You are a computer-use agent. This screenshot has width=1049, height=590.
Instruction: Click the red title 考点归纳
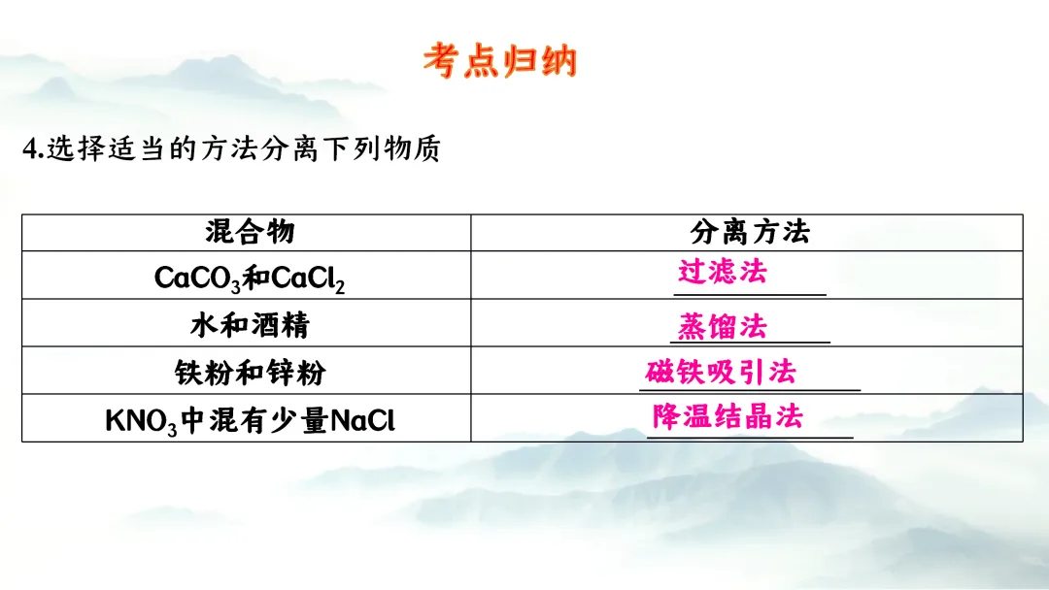(500, 61)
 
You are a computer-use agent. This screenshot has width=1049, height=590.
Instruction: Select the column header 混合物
(250, 232)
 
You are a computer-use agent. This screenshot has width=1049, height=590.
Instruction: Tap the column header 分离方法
(749, 232)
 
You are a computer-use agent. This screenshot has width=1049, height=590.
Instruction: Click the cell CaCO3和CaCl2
(250, 279)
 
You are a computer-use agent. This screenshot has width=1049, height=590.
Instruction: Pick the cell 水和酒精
(250, 324)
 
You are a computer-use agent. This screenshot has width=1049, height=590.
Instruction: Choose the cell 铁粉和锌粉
(250, 372)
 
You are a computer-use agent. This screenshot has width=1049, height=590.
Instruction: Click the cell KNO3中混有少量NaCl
(250, 420)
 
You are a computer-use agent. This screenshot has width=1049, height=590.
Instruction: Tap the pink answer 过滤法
(722, 271)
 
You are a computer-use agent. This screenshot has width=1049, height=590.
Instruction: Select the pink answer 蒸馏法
(722, 326)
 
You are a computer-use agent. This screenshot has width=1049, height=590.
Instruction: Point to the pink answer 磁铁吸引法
(721, 372)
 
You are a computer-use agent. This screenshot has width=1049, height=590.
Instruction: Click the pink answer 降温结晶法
(728, 417)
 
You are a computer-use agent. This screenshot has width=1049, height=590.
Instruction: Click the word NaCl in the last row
(363, 420)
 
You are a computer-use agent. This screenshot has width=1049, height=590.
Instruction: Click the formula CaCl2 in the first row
(309, 279)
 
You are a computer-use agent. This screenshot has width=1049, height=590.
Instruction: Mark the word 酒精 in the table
(280, 324)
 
